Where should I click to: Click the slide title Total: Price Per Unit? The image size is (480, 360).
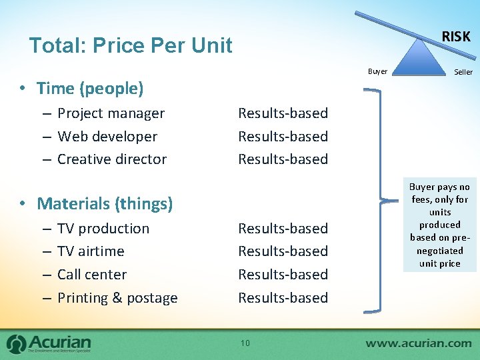[x=131, y=45]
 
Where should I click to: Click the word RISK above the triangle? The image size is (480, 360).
[x=456, y=37]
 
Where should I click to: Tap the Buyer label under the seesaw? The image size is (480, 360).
[x=377, y=71]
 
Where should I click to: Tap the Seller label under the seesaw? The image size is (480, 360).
[x=463, y=72]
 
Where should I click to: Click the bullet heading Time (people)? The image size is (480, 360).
[x=90, y=88]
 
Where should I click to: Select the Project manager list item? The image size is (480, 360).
[x=111, y=113]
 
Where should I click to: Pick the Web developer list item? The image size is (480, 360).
[x=107, y=137]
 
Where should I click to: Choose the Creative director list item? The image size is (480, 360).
[x=112, y=159]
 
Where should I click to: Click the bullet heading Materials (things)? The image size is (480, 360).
[x=105, y=203]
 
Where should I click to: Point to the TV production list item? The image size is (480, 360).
[x=103, y=229]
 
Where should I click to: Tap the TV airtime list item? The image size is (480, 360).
[x=91, y=251]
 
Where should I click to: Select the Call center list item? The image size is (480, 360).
[x=92, y=275]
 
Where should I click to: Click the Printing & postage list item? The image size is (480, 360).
[x=117, y=298]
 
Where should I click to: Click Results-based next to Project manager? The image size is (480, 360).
[x=283, y=113]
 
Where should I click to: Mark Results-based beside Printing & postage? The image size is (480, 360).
[x=283, y=298]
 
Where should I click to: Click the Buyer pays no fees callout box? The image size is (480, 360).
[x=440, y=225]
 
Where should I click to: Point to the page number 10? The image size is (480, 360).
[x=245, y=343]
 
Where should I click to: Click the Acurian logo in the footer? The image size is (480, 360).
[x=49, y=343]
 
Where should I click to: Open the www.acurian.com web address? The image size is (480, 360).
[x=418, y=343]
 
